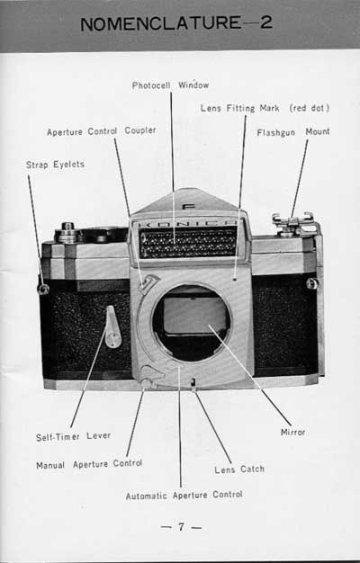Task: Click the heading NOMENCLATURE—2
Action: (x=176, y=23)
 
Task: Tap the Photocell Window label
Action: (x=170, y=85)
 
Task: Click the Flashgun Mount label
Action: (x=293, y=132)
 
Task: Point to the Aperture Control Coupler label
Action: (x=102, y=131)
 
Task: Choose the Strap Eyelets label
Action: (x=55, y=165)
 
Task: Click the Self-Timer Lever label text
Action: (x=73, y=437)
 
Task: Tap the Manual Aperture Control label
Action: (x=89, y=464)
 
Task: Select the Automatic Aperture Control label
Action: (x=184, y=496)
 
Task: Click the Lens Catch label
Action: (x=239, y=469)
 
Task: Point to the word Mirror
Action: (x=292, y=432)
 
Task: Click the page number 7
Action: (x=181, y=527)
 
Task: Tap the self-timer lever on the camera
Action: (x=112, y=327)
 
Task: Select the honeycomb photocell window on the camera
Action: (x=188, y=243)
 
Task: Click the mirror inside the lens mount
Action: (x=194, y=315)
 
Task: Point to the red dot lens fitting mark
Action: (x=234, y=279)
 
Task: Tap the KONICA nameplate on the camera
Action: (x=188, y=224)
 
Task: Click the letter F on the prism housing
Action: (x=188, y=207)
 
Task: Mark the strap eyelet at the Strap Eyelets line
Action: (x=44, y=289)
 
